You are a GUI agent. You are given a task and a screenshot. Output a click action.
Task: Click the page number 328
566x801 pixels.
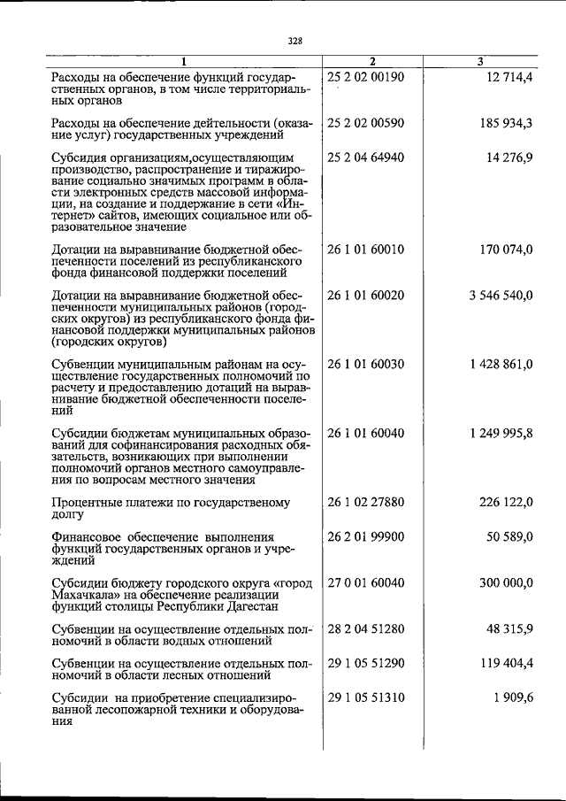click(x=294, y=40)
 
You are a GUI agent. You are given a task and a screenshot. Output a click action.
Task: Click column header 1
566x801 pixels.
click(x=184, y=61)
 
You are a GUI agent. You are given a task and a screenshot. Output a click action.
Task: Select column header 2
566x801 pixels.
click(x=372, y=61)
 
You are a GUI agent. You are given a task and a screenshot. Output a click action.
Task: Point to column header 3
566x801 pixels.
click(x=478, y=61)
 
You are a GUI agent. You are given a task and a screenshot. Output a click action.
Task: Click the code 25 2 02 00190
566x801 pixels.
click(x=365, y=77)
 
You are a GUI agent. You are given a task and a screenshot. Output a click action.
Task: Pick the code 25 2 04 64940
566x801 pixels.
click(x=365, y=158)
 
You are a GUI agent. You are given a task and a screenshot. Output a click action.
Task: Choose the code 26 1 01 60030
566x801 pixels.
click(x=365, y=365)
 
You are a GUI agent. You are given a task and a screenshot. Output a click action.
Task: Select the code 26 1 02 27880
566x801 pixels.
click(x=365, y=503)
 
